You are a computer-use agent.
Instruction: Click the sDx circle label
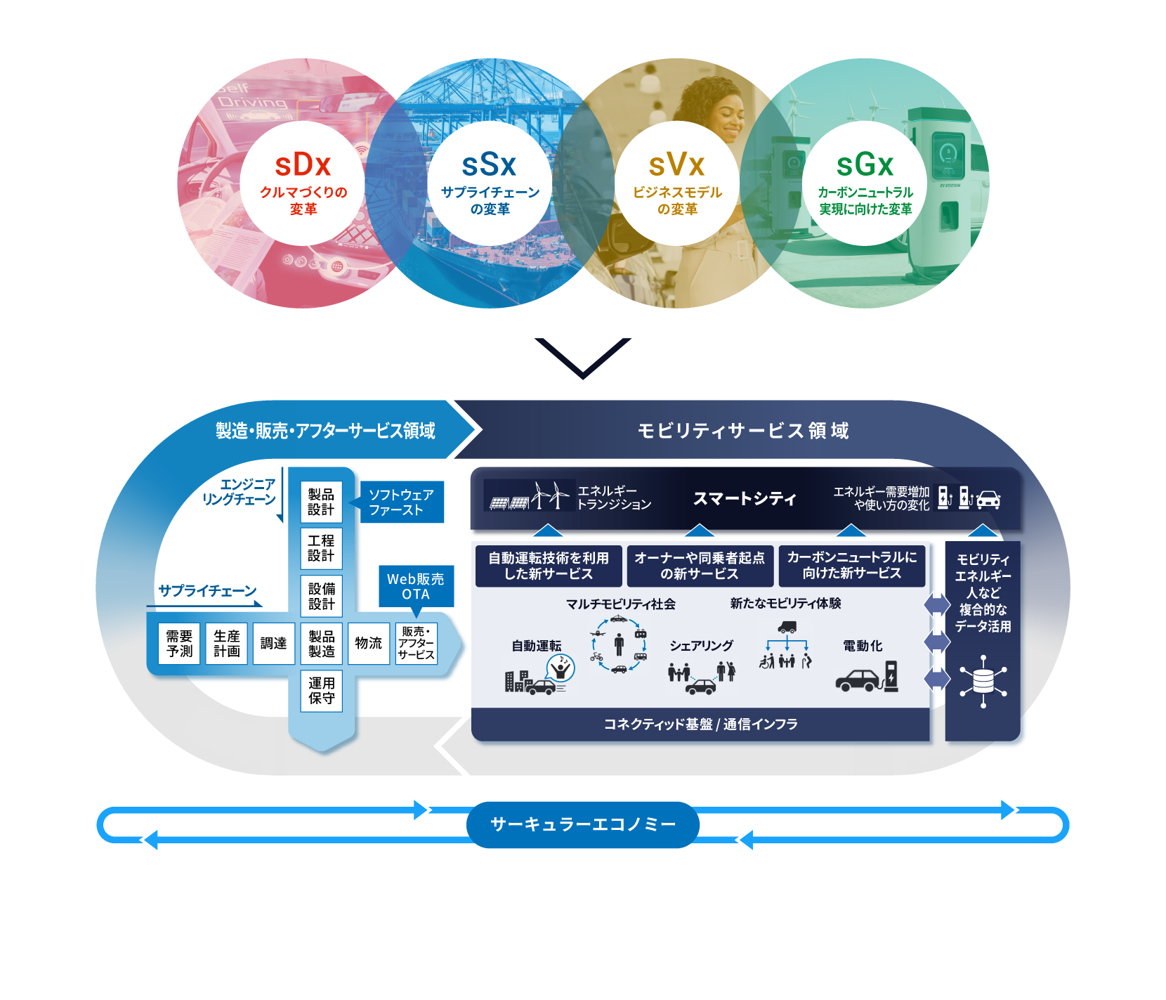pos(303,166)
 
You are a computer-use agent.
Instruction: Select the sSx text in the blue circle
pos(489,166)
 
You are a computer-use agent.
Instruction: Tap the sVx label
pos(676,166)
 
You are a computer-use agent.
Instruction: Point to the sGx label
pos(865,166)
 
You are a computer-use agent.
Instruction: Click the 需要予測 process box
pos(179,644)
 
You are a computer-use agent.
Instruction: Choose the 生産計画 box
pos(227,644)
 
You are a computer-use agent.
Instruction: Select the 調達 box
pos(273,644)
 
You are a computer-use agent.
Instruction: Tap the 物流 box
pos(368,644)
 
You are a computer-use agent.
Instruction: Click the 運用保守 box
pos(321,691)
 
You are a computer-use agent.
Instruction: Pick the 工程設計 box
pos(321,548)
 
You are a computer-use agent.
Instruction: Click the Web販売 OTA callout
pos(416,586)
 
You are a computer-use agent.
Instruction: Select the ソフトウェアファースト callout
pos(402,502)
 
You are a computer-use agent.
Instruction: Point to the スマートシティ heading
pos(745,499)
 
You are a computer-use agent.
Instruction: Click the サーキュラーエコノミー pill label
pos(583,824)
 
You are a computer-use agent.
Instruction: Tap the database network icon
pos(983,681)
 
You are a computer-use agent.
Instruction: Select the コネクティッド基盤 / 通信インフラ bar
pos(700,725)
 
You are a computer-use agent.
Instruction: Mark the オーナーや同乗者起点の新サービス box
pos(700,566)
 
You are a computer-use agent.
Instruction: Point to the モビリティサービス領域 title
pos(743,431)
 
